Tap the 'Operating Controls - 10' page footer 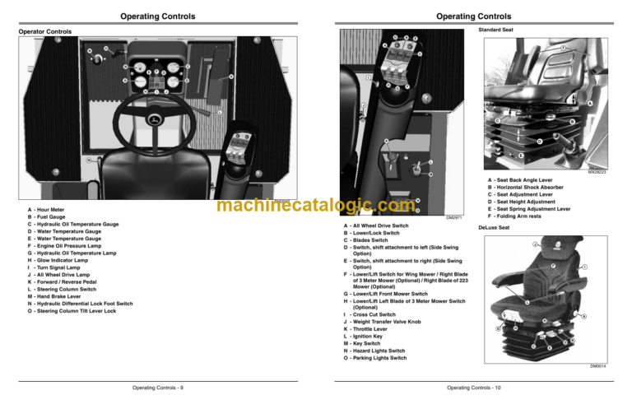pyautogui.click(x=473, y=387)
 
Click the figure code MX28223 pyautogui.click(x=596, y=173)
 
